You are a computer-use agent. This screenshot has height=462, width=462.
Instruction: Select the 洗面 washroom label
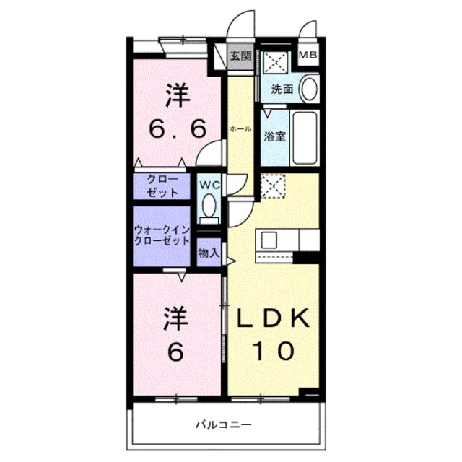(282, 90)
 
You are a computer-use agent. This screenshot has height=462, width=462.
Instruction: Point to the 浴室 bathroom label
(274, 136)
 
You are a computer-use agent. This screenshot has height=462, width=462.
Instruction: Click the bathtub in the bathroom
(305, 136)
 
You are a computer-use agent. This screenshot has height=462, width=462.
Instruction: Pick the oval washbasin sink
(308, 90)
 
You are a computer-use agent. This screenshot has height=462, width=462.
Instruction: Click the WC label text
(209, 185)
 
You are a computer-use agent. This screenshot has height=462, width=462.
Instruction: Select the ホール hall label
(240, 129)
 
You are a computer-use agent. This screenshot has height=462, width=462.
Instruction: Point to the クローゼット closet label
(160, 186)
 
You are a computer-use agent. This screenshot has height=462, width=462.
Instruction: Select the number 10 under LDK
(273, 352)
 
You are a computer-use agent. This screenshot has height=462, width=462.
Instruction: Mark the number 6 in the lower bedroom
(176, 352)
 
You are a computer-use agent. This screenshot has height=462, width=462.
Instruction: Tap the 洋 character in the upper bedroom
(178, 93)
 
